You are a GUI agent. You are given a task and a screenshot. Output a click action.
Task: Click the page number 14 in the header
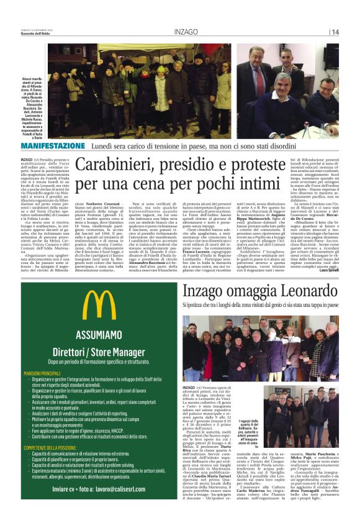click(335, 32)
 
